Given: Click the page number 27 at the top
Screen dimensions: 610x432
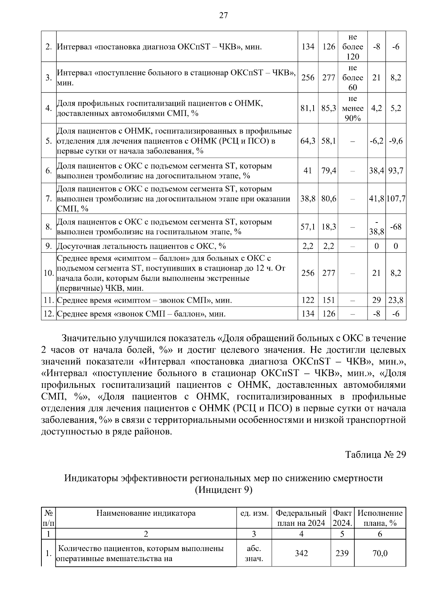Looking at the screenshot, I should [x=223, y=15].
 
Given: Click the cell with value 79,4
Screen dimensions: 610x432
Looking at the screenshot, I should [x=329, y=170].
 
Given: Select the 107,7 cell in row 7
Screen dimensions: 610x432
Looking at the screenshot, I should [x=396, y=198].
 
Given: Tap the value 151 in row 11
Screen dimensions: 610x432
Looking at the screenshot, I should [x=329, y=300].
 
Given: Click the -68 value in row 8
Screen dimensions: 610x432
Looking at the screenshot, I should [x=396, y=227].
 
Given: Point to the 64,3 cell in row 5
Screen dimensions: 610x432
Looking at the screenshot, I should [x=308, y=141].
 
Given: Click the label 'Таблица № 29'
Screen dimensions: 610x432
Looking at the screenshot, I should [x=375, y=454].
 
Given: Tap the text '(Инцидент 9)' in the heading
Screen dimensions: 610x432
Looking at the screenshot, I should [x=223, y=490].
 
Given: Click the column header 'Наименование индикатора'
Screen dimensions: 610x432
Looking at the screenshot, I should [x=146, y=513].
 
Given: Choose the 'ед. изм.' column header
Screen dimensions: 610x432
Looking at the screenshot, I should [x=254, y=513].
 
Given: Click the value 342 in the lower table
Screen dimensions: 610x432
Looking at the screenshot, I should [x=301, y=553].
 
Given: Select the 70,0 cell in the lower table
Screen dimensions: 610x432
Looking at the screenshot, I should [x=380, y=553].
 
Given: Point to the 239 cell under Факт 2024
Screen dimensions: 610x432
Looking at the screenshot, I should [x=342, y=553].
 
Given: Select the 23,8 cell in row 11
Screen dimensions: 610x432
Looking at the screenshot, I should [x=396, y=300].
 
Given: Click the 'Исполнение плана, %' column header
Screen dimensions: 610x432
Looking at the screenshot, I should [x=380, y=518].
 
